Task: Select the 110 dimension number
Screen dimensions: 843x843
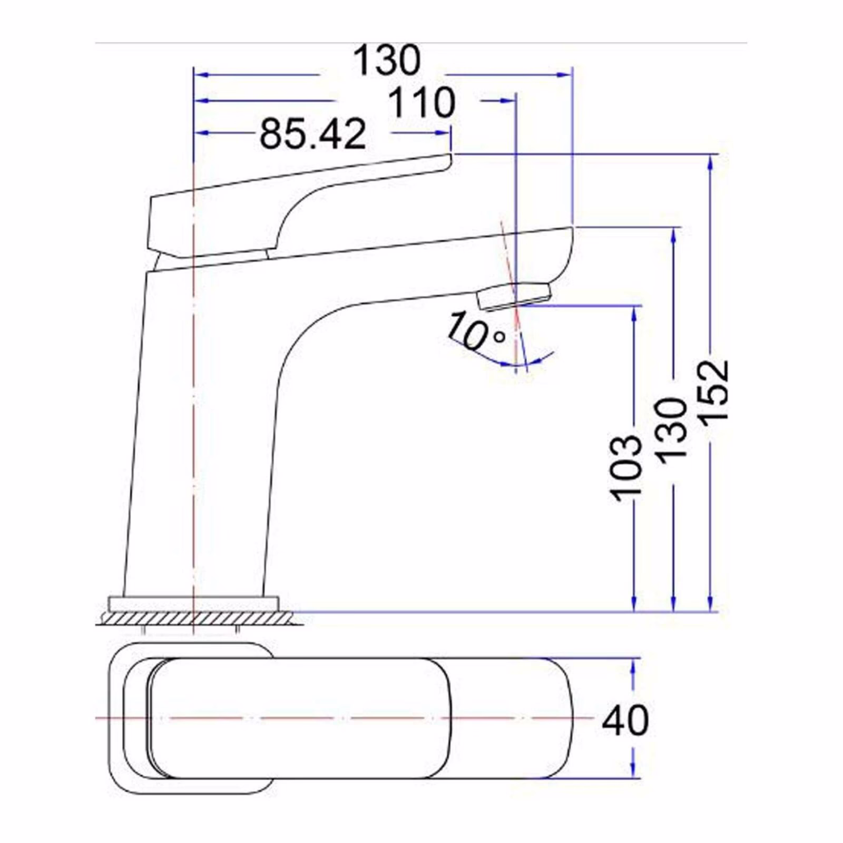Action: pos(421,103)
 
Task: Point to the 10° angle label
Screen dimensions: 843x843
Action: pos(475,331)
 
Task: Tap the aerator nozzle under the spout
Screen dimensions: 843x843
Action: pos(514,296)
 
